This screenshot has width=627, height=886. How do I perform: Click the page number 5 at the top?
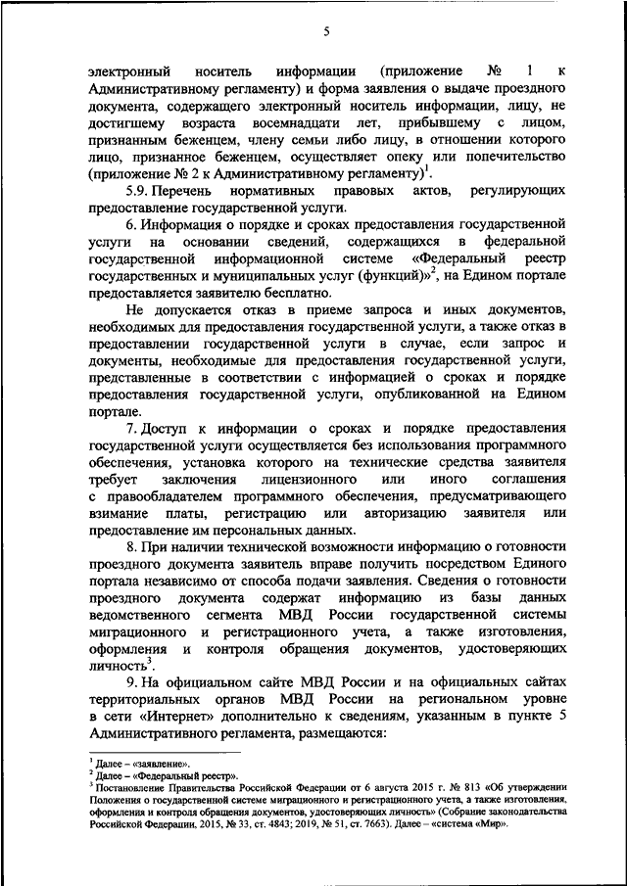tap(325, 32)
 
